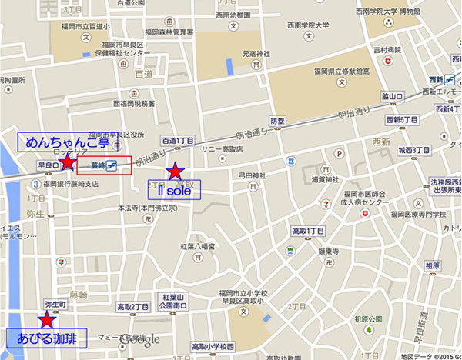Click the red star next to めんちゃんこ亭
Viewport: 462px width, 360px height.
[x=68, y=162]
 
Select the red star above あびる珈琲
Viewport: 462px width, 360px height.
[x=47, y=319]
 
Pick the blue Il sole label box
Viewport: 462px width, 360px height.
[x=174, y=190]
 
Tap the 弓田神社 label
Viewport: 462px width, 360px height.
[x=253, y=176]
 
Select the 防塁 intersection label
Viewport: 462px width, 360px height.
[x=277, y=121]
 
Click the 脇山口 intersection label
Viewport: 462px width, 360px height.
[x=393, y=95]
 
